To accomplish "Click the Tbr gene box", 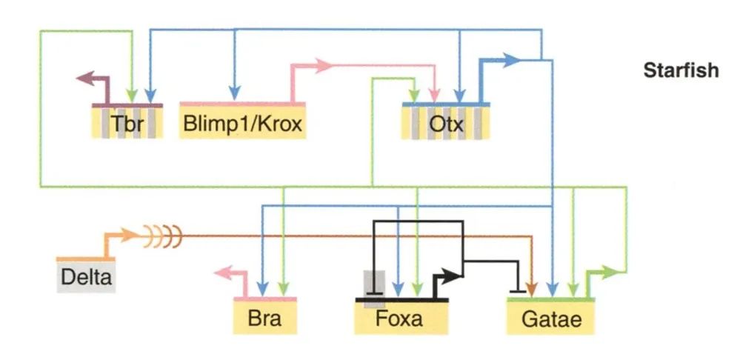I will click(127, 122).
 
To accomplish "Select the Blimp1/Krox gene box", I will click(241, 121).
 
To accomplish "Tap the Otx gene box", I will click(446, 122).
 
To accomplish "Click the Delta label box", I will click(86, 277).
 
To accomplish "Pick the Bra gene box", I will click(265, 319).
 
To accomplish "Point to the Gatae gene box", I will click(551, 319).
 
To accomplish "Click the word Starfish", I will click(681, 71).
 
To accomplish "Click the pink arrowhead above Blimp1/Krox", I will click(324, 65).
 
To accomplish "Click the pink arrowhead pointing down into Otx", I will click(436, 95).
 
